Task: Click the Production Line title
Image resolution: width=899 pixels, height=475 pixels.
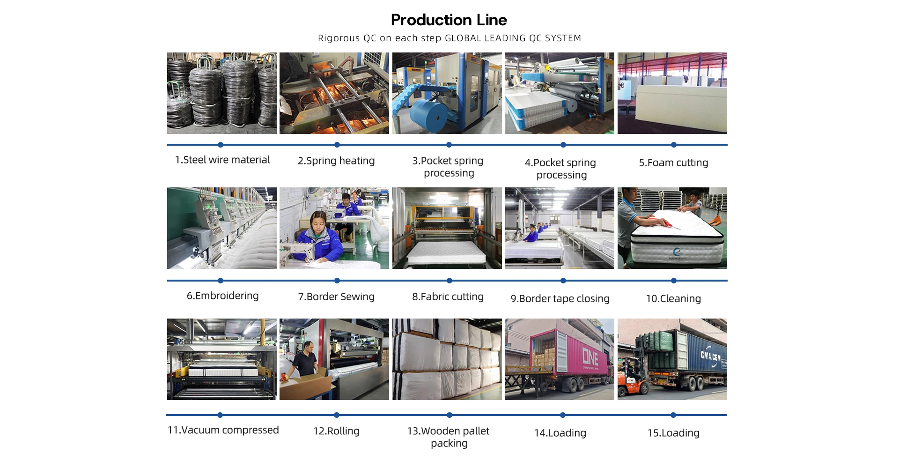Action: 449,20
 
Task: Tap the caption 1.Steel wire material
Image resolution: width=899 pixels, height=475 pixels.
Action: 222,160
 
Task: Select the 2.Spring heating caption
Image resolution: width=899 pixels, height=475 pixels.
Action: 336,161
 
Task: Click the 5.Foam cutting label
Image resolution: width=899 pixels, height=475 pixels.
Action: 673,163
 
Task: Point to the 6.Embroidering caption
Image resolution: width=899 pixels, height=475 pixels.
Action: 222,296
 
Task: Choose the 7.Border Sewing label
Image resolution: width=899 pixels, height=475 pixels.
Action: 336,297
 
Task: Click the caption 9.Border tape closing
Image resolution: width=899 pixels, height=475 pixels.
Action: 560,298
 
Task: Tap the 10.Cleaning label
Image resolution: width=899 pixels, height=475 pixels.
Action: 673,298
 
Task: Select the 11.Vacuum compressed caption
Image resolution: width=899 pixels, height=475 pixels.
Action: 223,430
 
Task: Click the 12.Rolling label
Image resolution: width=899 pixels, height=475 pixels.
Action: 336,431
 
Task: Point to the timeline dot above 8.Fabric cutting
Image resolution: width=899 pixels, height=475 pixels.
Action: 449,281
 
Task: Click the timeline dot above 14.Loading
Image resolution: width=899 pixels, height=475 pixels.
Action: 563,415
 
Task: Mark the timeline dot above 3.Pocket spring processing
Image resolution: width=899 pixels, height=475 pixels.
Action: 449,145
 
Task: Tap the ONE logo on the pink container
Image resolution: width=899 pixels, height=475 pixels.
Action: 590,357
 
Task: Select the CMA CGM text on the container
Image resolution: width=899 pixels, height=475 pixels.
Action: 710,356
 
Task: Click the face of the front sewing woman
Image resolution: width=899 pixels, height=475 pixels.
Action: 319,220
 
